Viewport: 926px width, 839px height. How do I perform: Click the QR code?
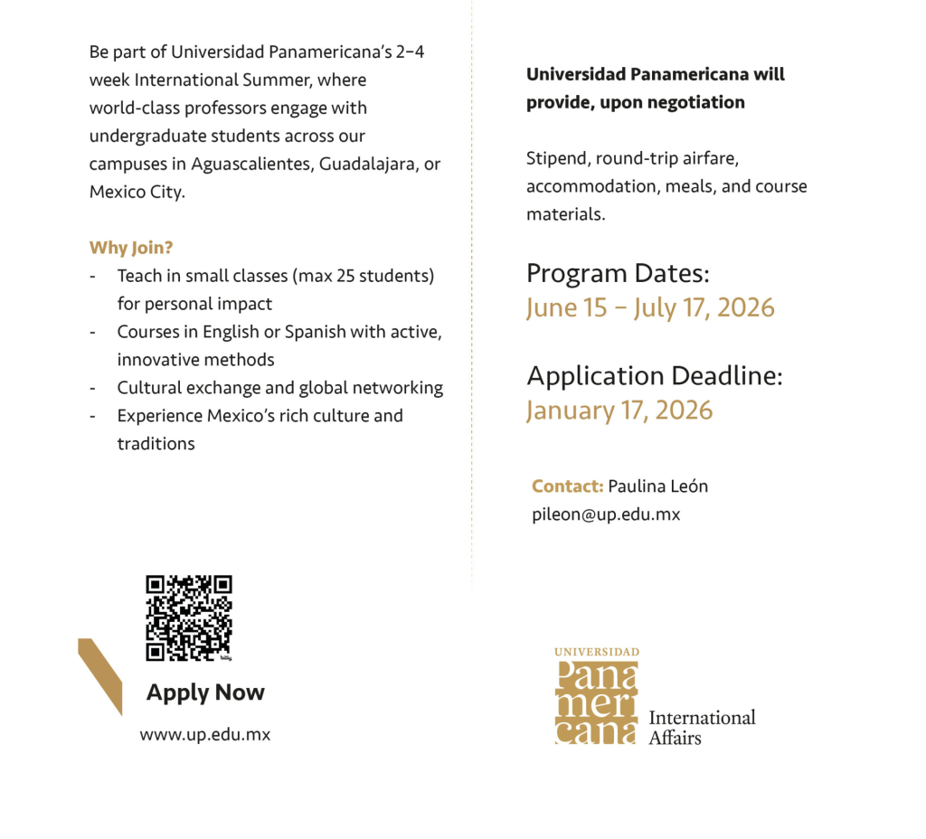click(189, 617)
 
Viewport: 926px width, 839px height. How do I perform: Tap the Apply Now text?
click(205, 693)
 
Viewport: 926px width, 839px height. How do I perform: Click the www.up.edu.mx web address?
click(204, 735)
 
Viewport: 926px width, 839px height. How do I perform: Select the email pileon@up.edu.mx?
click(605, 514)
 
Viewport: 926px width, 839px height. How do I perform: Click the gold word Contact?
click(567, 486)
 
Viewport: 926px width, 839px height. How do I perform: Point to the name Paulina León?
click(657, 486)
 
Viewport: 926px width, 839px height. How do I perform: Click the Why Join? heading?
click(131, 248)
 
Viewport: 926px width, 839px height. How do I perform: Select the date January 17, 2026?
click(619, 410)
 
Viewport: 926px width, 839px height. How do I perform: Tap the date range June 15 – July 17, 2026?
click(650, 307)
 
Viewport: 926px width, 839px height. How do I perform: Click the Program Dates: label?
click(618, 273)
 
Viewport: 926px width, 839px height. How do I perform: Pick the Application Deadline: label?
click(654, 376)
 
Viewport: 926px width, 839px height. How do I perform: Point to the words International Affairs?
click(702, 727)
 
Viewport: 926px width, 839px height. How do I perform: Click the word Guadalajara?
click(364, 165)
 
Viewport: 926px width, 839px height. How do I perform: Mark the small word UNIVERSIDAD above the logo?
click(596, 652)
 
